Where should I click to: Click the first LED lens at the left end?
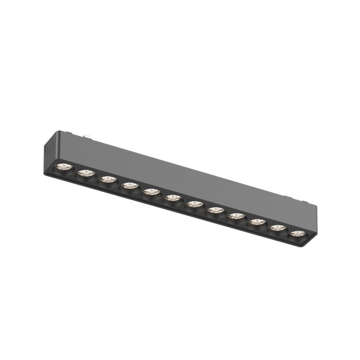(x=64, y=167)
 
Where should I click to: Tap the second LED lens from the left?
(x=85, y=173)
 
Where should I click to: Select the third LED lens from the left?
(x=107, y=179)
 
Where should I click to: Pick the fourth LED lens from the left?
(x=129, y=186)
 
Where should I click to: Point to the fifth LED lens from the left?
(x=150, y=192)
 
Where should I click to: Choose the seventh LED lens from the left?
(x=195, y=204)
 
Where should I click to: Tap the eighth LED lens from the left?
(x=216, y=210)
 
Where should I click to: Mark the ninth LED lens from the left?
(x=236, y=216)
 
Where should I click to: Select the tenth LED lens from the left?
(x=256, y=222)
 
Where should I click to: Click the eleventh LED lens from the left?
(x=277, y=228)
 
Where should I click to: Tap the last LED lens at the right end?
(x=297, y=233)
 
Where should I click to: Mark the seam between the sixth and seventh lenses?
(x=184, y=202)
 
